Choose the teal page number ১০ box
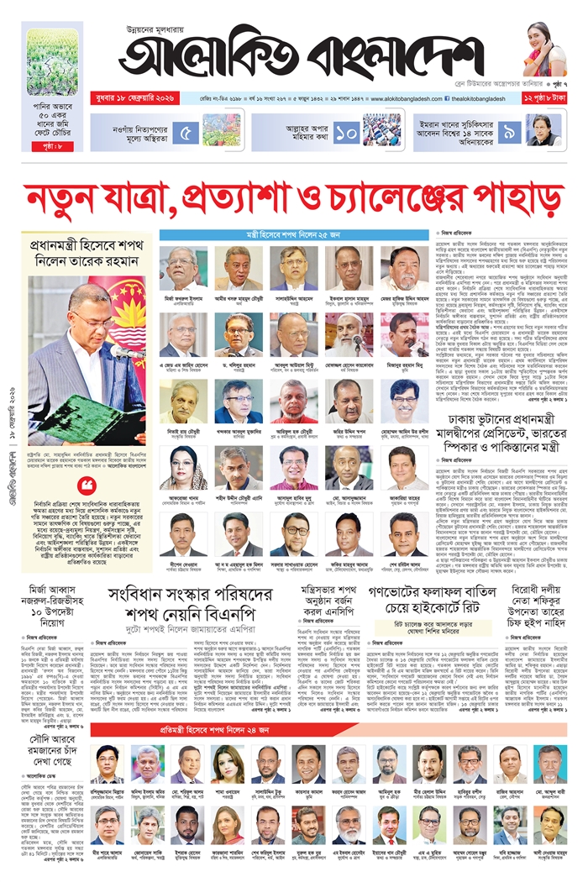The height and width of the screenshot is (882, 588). [x=346, y=132]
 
